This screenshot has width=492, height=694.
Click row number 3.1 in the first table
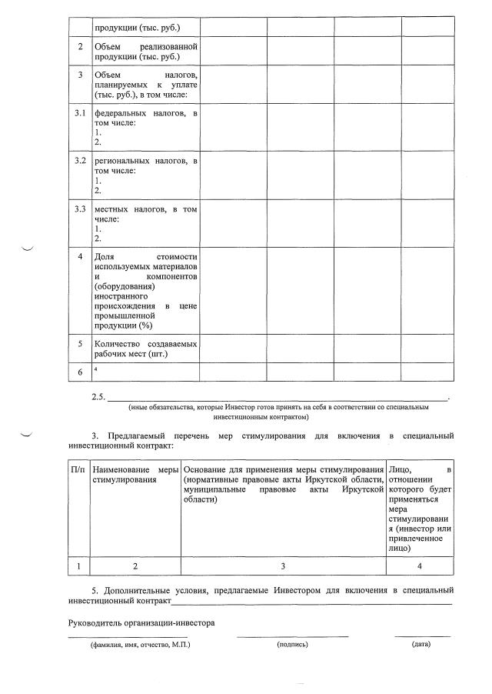point(79,114)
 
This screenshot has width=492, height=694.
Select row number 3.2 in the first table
point(79,161)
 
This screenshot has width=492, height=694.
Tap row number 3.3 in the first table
point(79,209)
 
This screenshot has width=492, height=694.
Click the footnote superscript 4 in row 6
point(96,369)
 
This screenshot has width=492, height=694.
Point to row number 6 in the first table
point(79,372)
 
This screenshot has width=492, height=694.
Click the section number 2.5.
point(98,397)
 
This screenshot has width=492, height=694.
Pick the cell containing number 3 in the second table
point(283,566)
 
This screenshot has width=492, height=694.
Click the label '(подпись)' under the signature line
point(292,644)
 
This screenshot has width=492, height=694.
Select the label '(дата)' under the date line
point(421,644)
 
